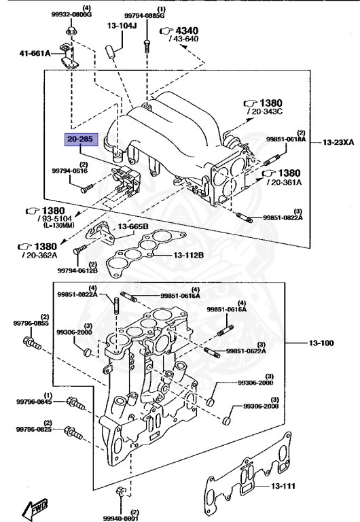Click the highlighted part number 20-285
82,139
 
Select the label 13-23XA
337,143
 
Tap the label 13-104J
122,25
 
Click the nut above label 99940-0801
120,491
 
